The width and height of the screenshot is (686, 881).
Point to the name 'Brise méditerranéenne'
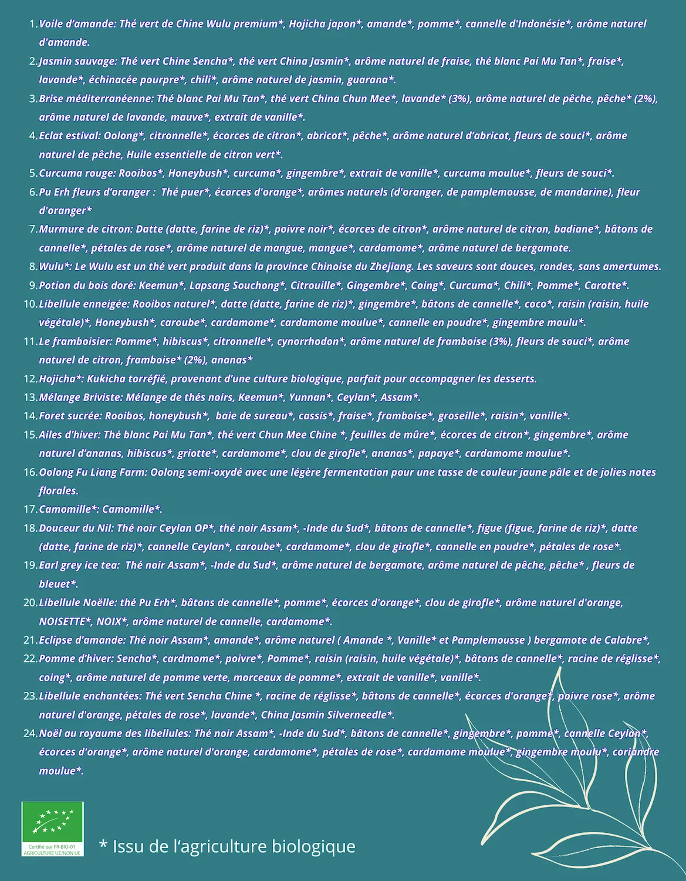(x=96, y=99)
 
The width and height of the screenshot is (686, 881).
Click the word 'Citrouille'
(x=310, y=285)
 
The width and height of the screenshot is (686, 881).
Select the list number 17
(x=30, y=509)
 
